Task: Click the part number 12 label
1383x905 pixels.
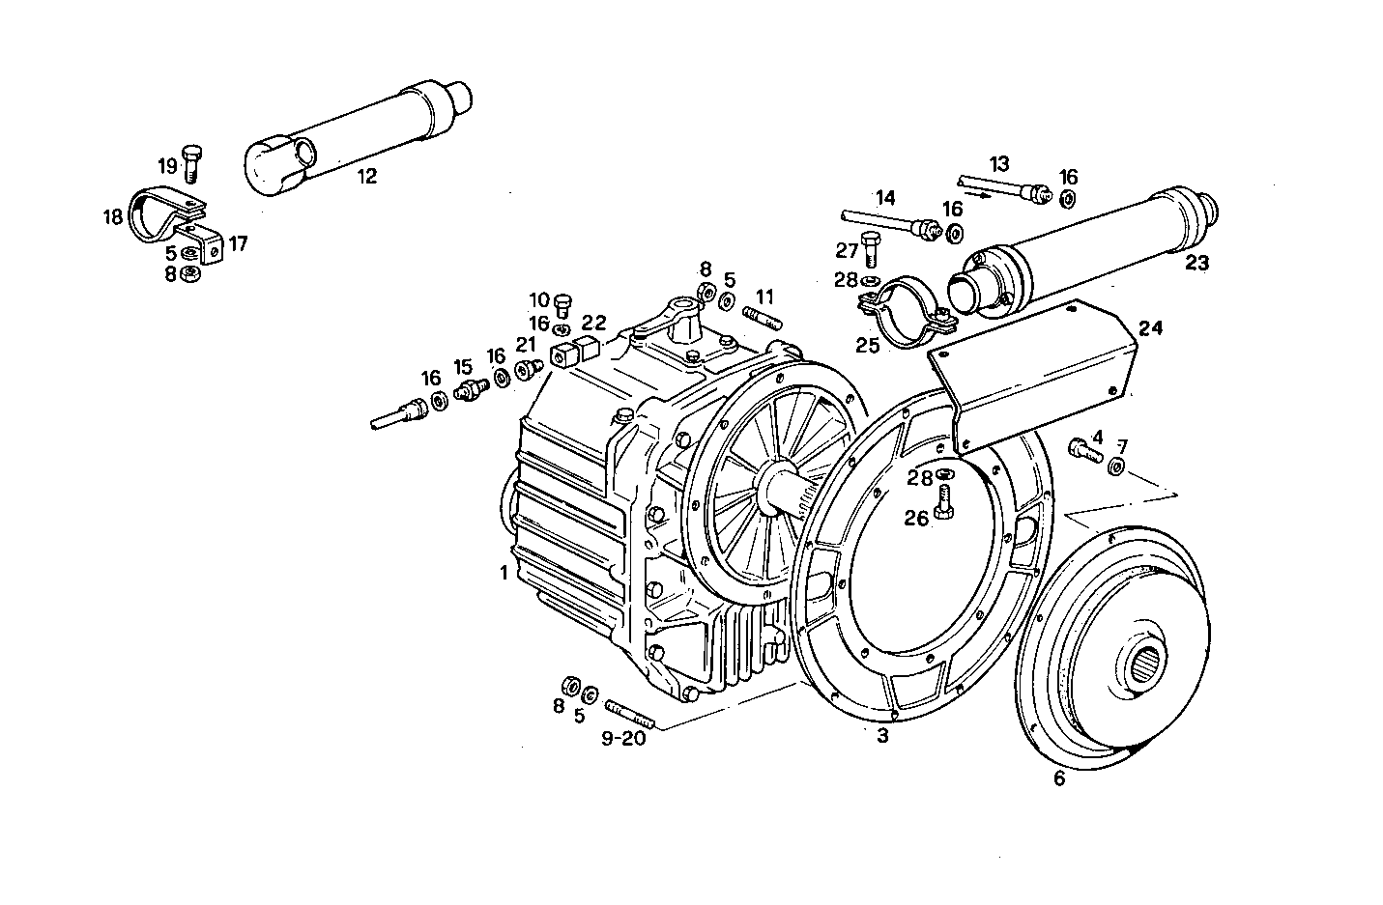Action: (367, 176)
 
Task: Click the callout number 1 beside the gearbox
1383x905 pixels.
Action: (504, 573)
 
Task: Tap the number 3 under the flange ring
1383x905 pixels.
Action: (881, 737)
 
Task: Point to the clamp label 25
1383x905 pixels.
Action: (867, 345)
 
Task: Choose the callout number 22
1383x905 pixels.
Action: (593, 322)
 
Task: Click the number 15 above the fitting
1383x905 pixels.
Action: (464, 367)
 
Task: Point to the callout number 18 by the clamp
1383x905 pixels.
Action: (114, 216)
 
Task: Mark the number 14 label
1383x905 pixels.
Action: (885, 198)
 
